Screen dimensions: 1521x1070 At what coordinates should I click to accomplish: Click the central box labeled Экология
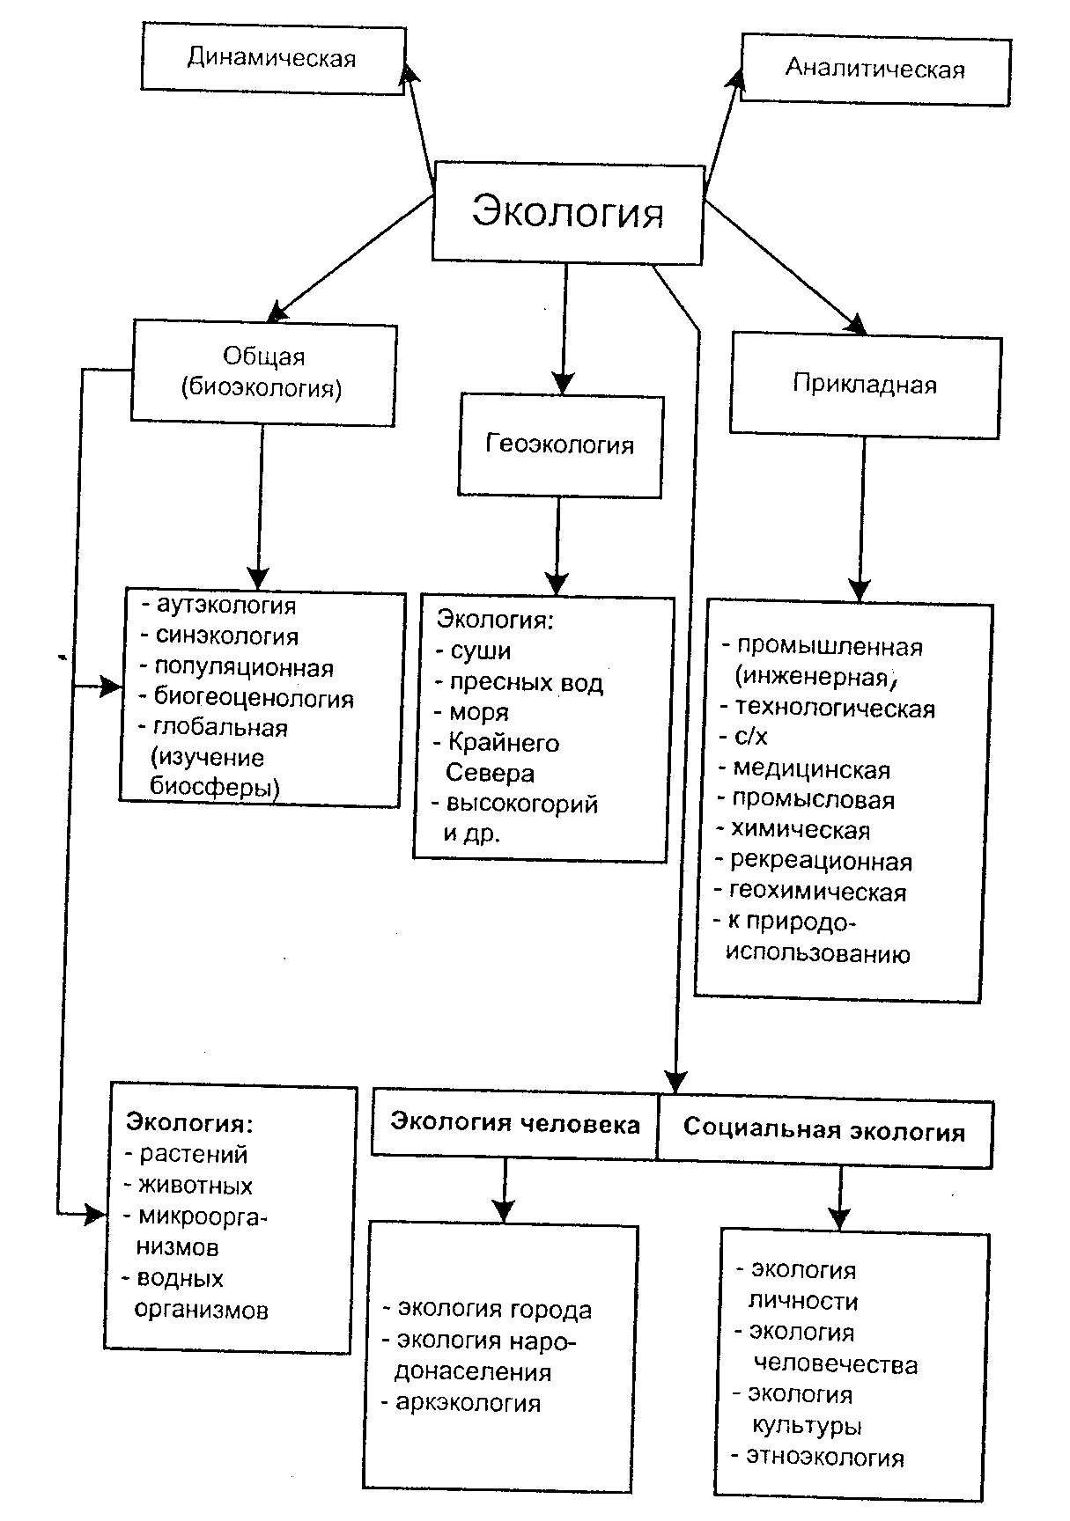pos(567,212)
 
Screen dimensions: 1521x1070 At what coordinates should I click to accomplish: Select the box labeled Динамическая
pos(272,59)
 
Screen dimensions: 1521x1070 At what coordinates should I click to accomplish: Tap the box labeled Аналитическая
pos(874,69)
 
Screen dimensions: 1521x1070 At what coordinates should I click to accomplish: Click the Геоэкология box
pos(560,445)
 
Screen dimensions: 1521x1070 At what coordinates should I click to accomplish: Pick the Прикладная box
pos(864,385)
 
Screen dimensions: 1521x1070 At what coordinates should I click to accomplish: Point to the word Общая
pos(263,356)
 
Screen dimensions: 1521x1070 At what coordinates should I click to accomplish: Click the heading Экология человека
pos(514,1124)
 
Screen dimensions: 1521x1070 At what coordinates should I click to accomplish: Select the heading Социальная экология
pos(824,1131)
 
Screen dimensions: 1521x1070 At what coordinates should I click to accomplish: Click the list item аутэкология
pos(226,606)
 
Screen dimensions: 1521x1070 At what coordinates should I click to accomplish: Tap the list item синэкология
pos(227,636)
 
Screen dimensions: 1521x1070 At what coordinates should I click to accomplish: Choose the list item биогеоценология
pos(254,699)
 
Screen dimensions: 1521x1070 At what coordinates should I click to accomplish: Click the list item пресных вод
pos(527,683)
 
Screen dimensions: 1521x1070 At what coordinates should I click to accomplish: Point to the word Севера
pos(491,774)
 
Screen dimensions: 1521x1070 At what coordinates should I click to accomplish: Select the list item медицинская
pos(812,770)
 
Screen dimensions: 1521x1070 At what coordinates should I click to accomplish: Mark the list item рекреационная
pos(822,862)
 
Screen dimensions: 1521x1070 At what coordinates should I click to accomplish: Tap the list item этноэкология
pos(825,1458)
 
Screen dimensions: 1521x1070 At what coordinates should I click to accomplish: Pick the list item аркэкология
pos(469,1403)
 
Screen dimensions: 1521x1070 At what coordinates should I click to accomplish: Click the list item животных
pos(196,1186)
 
